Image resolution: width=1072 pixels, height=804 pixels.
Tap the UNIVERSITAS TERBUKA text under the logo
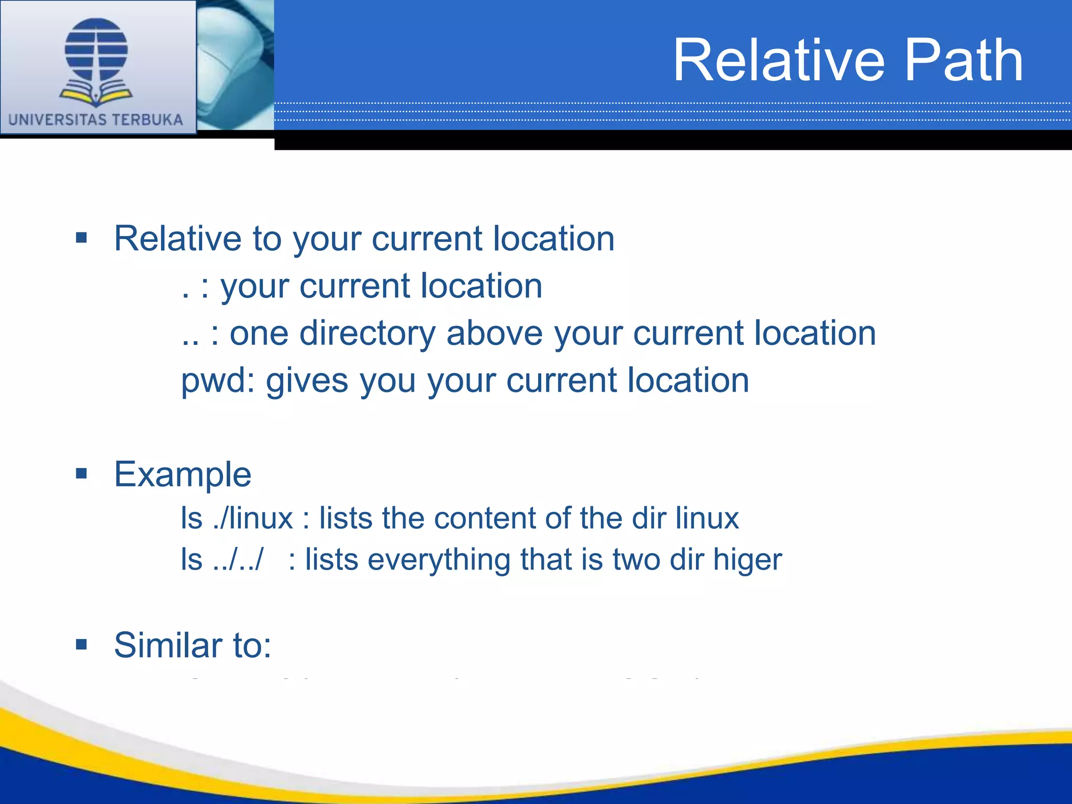(96, 120)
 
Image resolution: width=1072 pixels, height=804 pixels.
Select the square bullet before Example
(81, 474)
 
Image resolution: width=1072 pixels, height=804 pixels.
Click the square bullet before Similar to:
(81, 644)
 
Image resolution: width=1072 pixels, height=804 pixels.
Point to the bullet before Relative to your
(81, 238)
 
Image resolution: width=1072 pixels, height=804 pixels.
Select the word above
(494, 333)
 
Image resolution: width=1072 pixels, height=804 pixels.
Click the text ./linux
(253, 519)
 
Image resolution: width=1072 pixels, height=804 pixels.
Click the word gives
(307, 381)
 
